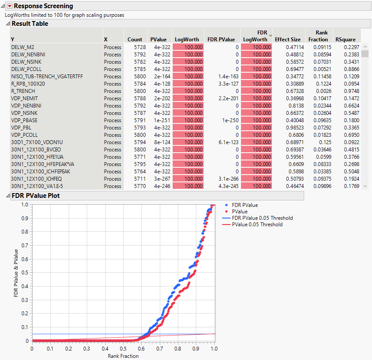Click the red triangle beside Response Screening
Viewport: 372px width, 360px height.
(9, 6)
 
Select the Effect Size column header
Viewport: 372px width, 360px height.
(287, 40)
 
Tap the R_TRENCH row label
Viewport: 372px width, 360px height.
(23, 91)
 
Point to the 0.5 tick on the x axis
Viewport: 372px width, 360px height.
(123, 349)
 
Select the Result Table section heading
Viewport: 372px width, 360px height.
(30, 24)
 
